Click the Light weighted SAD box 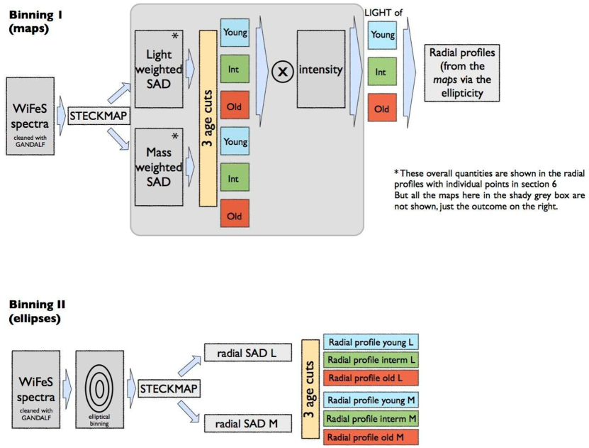click(159, 69)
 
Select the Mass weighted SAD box click(159, 167)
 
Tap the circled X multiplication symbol click(283, 71)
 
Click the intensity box click(321, 69)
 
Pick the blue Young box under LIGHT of click(382, 35)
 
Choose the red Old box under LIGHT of click(382, 108)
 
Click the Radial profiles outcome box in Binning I click(462, 73)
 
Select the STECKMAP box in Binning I click(99, 116)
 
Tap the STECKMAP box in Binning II click(169, 388)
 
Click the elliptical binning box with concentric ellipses click(99, 389)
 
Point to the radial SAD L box click(248, 352)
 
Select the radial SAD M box click(248, 424)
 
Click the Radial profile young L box click(371, 342)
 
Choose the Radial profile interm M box click(371, 418)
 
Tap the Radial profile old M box click(371, 437)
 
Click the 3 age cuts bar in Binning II click(310, 389)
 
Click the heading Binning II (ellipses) click(37, 311)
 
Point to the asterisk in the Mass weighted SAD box click(174, 136)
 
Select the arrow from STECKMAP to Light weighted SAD click(118, 93)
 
